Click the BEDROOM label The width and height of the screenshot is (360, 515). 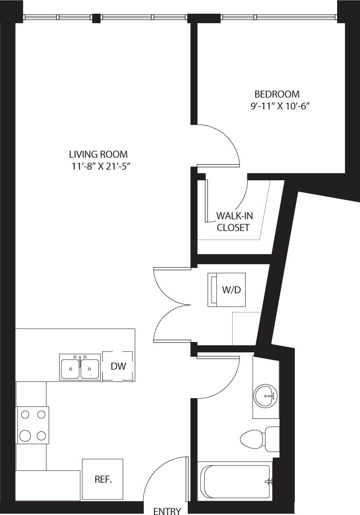[277, 94]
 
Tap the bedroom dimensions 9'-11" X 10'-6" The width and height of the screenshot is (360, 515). [281, 106]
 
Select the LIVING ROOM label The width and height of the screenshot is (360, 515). [98, 154]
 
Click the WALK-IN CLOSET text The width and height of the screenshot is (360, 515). [233, 222]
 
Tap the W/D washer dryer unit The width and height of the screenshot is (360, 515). [227, 290]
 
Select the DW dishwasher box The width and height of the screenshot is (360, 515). [118, 366]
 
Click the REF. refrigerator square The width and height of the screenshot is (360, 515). [103, 479]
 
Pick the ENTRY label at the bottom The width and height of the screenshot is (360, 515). [167, 511]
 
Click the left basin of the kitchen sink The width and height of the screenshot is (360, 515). [70, 369]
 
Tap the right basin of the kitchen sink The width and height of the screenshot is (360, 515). [90, 369]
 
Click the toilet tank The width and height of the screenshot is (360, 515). [272, 439]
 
